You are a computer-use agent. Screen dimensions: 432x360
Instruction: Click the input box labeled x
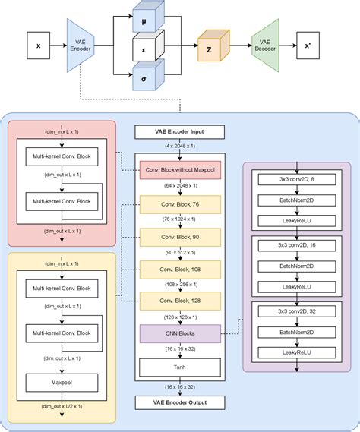tap(39, 46)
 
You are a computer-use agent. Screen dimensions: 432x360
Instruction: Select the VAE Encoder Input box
tap(180, 132)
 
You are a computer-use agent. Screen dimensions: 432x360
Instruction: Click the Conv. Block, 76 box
tap(180, 204)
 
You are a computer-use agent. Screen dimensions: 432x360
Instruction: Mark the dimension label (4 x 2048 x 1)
tap(180, 146)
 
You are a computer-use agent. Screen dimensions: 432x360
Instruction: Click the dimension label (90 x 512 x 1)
tap(180, 251)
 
